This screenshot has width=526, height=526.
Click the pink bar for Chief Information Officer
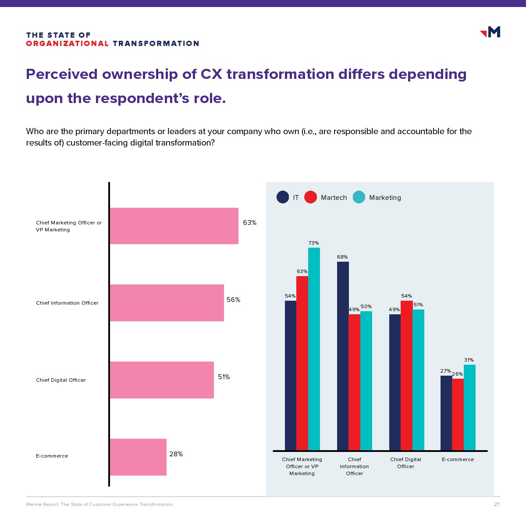click(x=167, y=303)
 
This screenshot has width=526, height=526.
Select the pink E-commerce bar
click(x=138, y=457)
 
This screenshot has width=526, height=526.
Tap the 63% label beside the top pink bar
click(x=250, y=223)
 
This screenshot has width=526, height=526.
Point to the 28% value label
click(x=176, y=454)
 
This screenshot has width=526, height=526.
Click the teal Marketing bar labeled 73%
click(x=314, y=348)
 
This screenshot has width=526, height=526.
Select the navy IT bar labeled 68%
click(x=343, y=355)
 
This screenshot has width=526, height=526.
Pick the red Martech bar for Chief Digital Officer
click(x=406, y=375)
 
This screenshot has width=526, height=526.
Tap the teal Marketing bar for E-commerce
click(x=469, y=407)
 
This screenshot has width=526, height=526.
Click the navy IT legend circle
click(x=283, y=197)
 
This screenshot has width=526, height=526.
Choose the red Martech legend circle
click(x=310, y=197)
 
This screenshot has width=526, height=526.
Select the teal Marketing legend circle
click(x=359, y=197)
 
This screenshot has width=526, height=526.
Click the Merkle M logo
click(x=491, y=32)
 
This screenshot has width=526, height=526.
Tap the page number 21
click(x=497, y=504)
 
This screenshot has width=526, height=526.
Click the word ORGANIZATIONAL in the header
click(x=67, y=43)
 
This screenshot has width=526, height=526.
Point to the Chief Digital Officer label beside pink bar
click(x=61, y=380)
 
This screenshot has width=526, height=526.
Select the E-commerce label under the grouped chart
click(x=458, y=459)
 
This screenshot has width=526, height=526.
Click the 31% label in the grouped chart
click(x=469, y=360)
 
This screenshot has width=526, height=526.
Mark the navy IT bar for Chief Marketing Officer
click(x=291, y=375)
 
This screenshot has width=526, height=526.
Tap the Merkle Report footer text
click(x=100, y=505)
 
